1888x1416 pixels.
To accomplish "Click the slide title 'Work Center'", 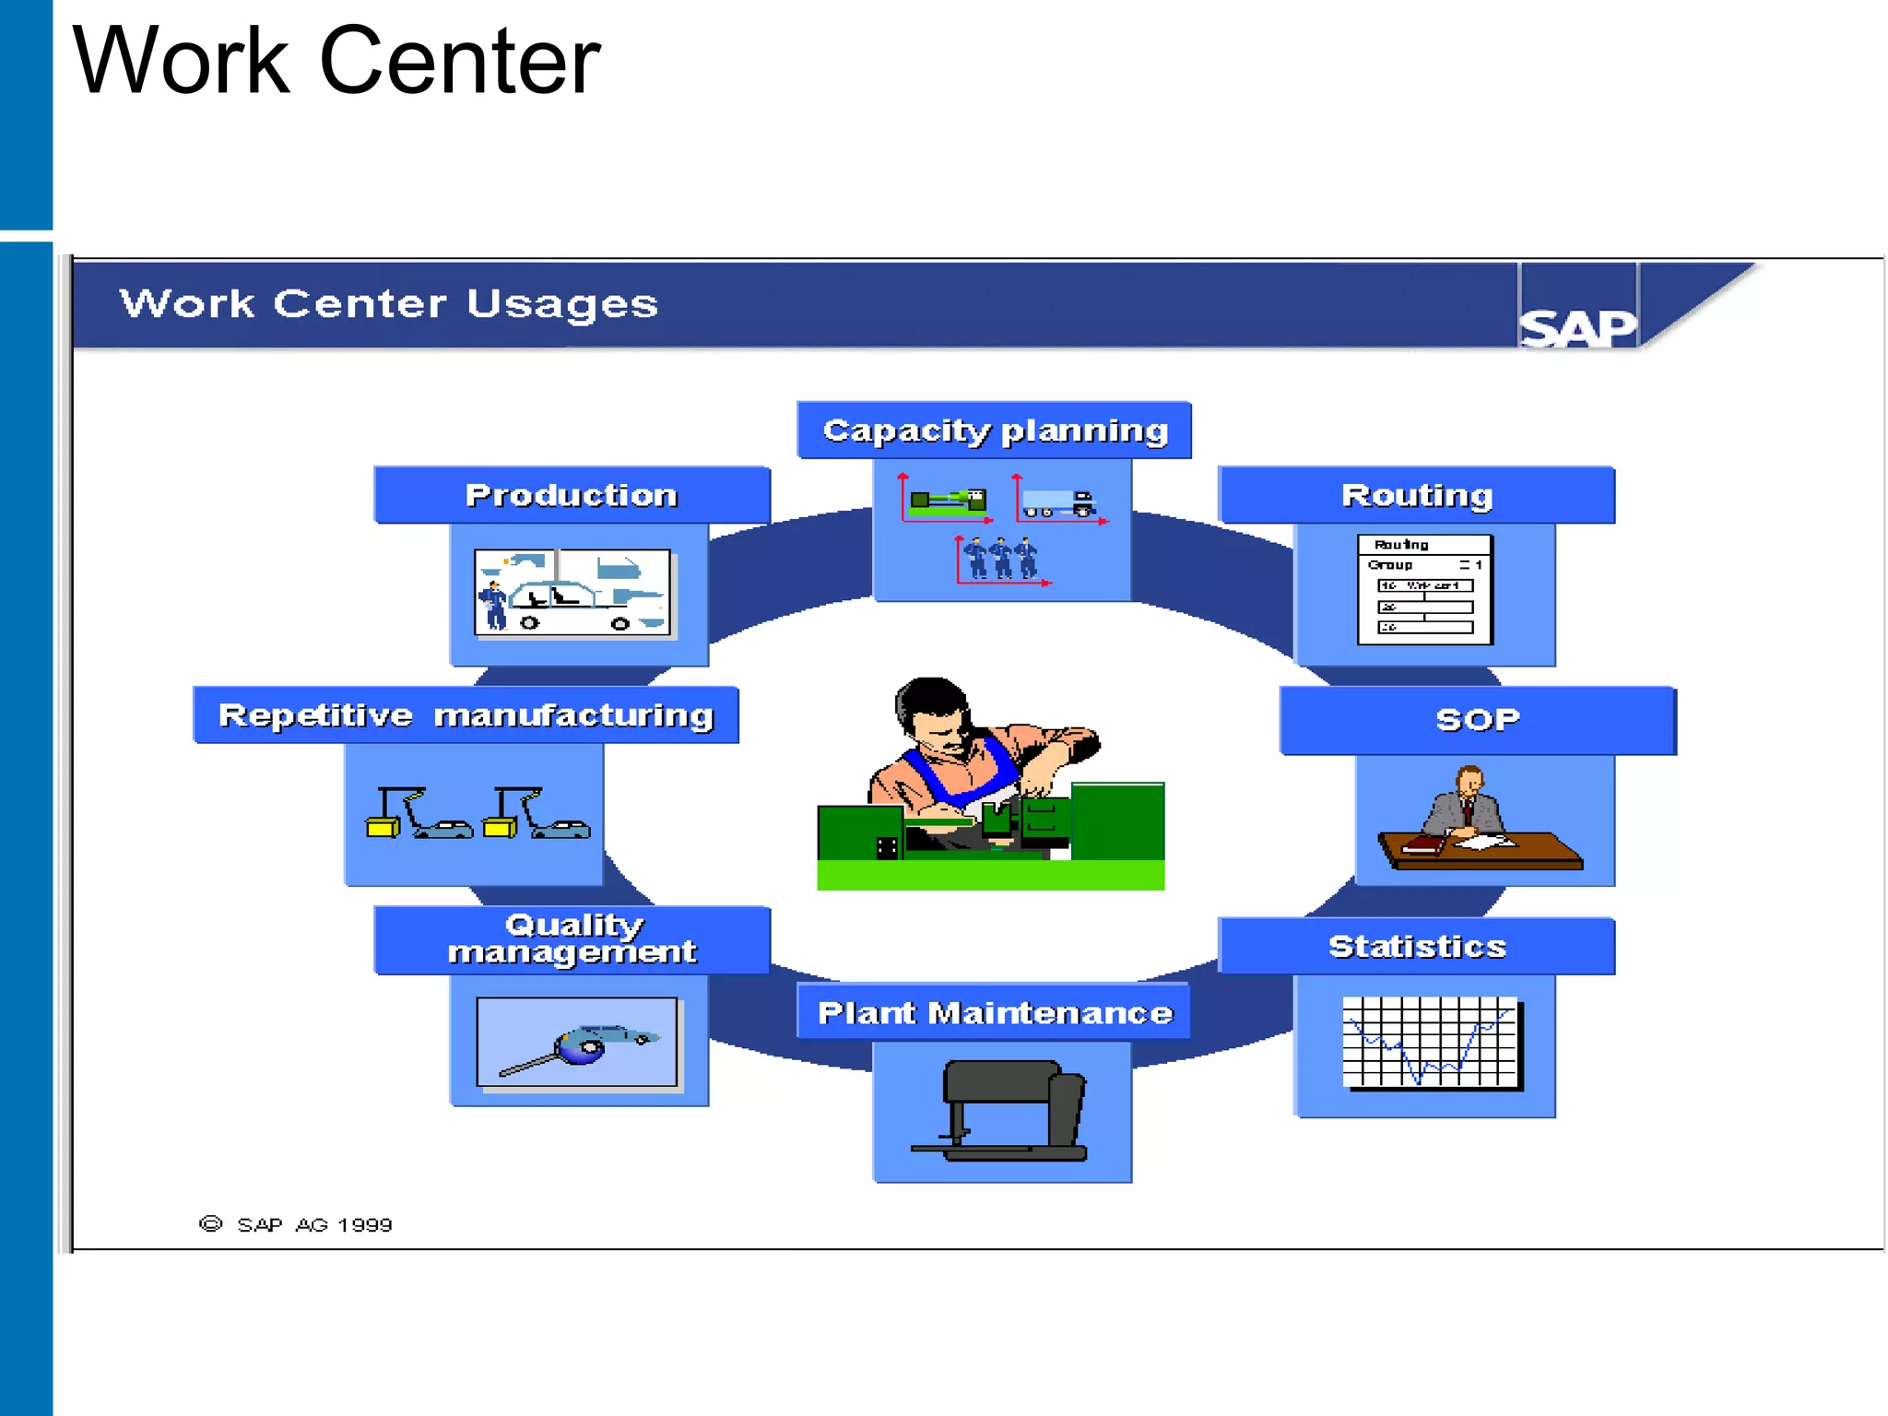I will [336, 62].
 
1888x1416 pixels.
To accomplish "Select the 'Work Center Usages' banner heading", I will [388, 303].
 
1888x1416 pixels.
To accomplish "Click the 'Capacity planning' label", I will [995, 431].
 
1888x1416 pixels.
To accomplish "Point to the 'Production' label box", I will [572, 495].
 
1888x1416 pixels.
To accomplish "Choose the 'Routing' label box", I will [1416, 495].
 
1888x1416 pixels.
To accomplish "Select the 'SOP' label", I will [1477, 720].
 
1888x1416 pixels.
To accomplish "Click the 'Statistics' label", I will [1416, 947].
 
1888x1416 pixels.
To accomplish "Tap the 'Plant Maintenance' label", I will [995, 1013].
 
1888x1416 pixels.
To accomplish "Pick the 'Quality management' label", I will [572, 939].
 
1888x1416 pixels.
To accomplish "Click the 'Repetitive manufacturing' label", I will [466, 715].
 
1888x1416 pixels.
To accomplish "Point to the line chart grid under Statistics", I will [1430, 1042].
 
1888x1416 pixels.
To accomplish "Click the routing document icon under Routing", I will [1424, 588].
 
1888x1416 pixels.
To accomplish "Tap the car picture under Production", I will [572, 592].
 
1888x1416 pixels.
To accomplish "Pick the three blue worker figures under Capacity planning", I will [1000, 558].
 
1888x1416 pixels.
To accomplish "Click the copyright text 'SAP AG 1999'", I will [314, 1224].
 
